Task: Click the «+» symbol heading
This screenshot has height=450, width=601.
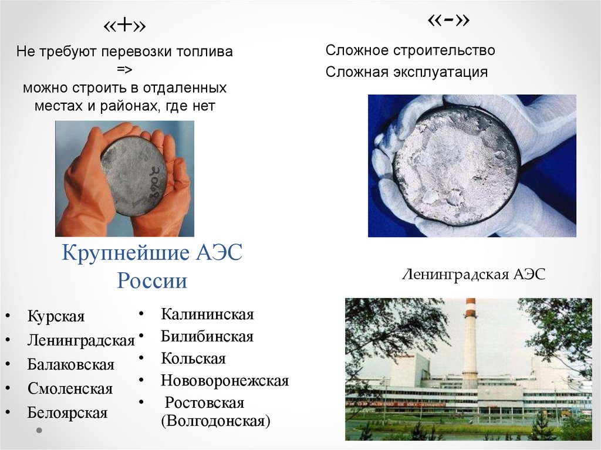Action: [x=124, y=27]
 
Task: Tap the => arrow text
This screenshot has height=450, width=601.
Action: [x=124, y=70]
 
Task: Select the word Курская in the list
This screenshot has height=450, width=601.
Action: [x=56, y=317]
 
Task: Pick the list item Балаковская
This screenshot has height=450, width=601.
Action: [x=70, y=364]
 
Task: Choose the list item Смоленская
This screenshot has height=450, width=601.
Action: [x=70, y=388]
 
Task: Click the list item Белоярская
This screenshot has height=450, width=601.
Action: [x=67, y=412]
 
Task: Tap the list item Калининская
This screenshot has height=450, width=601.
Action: [x=207, y=314]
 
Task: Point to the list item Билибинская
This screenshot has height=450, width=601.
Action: [x=207, y=337]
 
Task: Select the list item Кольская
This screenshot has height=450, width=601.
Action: [x=193, y=358]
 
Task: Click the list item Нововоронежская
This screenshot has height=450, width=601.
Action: [x=225, y=381]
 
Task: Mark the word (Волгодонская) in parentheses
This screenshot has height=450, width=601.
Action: [x=215, y=421]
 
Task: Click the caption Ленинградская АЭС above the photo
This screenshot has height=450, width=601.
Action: [x=474, y=274]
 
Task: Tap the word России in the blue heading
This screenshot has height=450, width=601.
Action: [x=152, y=281]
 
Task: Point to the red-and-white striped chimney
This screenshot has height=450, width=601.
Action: [x=470, y=340]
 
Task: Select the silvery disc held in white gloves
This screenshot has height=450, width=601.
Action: [x=456, y=165]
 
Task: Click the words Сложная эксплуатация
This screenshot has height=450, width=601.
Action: [x=407, y=72]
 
